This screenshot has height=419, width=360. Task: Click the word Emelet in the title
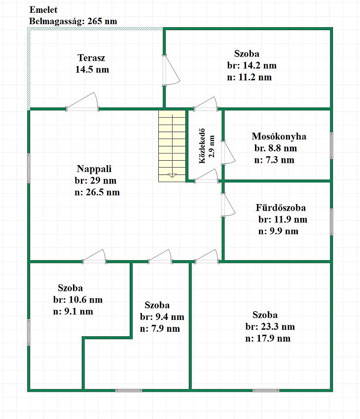pos(43,10)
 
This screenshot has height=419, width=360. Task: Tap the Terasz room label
pos(91,58)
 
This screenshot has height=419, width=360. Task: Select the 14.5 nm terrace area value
pos(92,70)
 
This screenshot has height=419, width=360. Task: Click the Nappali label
pos(94,169)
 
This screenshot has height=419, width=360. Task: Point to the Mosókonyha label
pos(279,137)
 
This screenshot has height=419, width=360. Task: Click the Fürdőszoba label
pos(281,208)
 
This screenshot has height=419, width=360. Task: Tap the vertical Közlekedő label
pos(202,146)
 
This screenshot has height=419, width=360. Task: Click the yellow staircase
pos(172,146)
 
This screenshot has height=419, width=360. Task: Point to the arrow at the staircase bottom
pos(173,175)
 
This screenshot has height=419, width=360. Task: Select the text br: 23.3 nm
pos(270,326)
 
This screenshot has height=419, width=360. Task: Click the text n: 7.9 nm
pos(160,328)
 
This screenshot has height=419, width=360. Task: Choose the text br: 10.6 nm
pos(78,300)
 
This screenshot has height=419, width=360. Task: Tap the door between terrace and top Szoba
pos(171,70)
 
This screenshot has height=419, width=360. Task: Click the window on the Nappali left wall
pos(29,169)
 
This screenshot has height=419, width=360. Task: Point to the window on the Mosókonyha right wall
pos(331,145)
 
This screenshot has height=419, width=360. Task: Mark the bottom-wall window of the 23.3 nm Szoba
pos(266,390)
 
